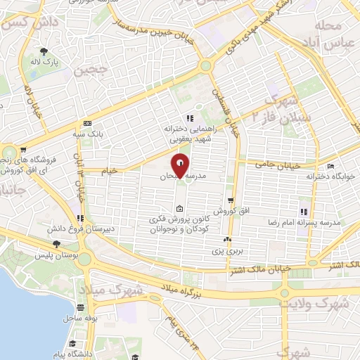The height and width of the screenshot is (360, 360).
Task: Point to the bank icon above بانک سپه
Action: pyautogui.click(x=86, y=122)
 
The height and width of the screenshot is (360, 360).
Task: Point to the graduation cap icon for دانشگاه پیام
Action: pyautogui.click(x=73, y=342)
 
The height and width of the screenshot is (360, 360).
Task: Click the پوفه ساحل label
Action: pyautogui.click(x=81, y=319)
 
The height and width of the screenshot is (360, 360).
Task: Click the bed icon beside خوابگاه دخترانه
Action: pyautogui.click(x=331, y=166)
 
